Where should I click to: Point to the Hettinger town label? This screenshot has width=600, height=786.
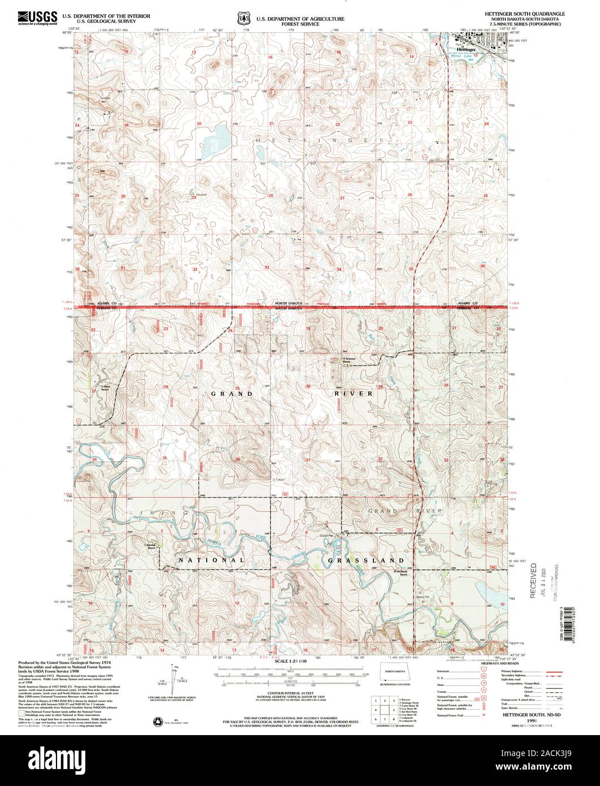[x=463, y=50]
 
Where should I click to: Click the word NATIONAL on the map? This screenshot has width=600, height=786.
[x=211, y=560]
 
